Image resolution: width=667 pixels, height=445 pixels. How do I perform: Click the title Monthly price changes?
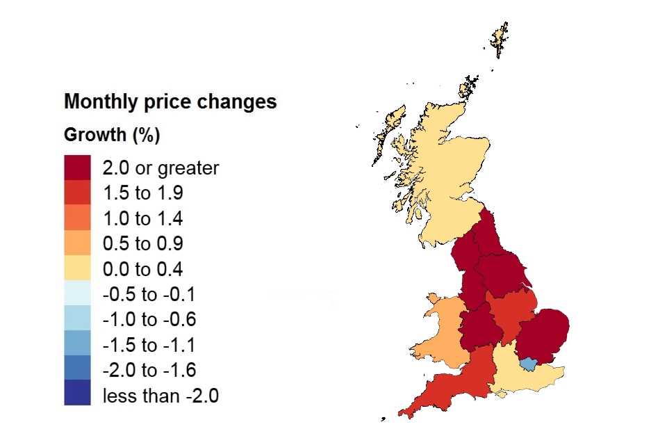tap(170, 102)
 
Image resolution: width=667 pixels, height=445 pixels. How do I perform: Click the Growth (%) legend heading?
tap(112, 135)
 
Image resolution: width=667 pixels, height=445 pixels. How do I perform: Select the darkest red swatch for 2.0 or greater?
tap(77, 168)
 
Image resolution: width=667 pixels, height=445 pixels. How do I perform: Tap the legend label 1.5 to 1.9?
tap(143, 193)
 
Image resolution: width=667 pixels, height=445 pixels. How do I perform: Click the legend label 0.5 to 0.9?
tap(143, 244)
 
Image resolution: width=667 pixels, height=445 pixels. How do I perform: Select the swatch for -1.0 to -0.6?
tap(77, 320)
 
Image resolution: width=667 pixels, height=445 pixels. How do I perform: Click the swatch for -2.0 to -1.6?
tap(77, 370)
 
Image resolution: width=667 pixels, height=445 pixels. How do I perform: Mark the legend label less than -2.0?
tap(160, 396)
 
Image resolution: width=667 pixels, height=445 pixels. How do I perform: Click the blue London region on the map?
tap(529, 364)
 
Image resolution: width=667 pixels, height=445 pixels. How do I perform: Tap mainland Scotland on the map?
tap(445, 174)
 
